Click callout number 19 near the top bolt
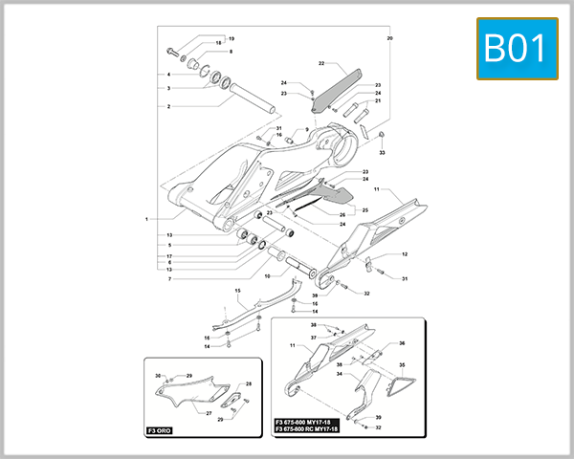coord(231,38)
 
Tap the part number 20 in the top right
coord(389,38)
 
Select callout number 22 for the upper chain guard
coord(322,64)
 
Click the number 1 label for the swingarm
coord(146,219)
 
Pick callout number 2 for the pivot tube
coord(168,106)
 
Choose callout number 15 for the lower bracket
coord(238,290)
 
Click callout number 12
coord(405,254)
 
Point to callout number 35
coord(402,365)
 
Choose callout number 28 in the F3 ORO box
coord(249,383)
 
